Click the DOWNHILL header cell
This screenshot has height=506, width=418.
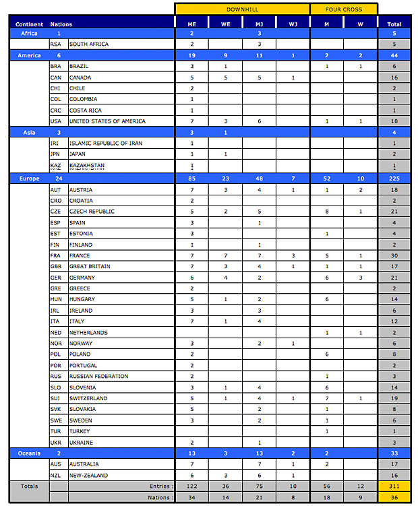242,9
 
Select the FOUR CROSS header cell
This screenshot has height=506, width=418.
344,9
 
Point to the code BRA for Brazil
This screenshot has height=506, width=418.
56,67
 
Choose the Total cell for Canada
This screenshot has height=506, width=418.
394,77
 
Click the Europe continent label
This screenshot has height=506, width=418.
29,179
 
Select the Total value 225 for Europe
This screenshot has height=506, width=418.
394,179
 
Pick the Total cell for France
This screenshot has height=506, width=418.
394,255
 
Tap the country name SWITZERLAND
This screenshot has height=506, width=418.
88,398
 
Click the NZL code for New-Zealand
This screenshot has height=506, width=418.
56,475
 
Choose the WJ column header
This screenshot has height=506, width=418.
293,24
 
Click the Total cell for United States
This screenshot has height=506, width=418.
394,121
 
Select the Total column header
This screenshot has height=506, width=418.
394,24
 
